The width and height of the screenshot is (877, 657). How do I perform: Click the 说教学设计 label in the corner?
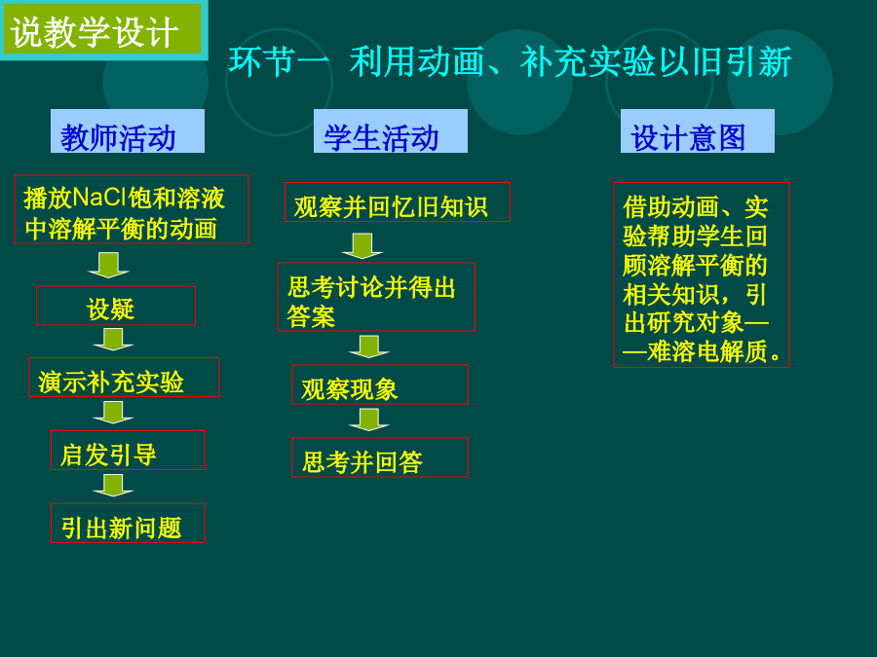click(x=103, y=29)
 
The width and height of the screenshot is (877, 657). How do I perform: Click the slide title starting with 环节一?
click(x=510, y=61)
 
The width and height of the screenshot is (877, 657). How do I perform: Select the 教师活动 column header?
click(x=128, y=131)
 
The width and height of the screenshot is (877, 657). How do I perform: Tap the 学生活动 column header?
click(x=391, y=131)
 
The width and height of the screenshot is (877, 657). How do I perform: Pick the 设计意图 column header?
click(x=698, y=131)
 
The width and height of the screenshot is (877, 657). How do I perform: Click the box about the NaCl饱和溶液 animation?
click(x=132, y=209)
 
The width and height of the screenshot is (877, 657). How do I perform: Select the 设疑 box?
click(x=116, y=306)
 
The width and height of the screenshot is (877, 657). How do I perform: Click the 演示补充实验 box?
click(x=124, y=378)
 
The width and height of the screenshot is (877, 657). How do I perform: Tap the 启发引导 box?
click(x=128, y=451)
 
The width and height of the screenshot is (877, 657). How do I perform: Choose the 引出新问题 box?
click(x=128, y=524)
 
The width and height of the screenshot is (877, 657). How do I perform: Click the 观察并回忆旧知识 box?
click(x=398, y=202)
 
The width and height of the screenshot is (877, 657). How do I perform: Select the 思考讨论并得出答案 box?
click(x=376, y=297)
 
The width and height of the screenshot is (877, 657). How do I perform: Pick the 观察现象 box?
click(x=380, y=384)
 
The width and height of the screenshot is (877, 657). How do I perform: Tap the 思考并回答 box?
click(x=380, y=457)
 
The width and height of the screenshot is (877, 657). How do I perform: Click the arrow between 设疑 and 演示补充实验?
click(x=113, y=340)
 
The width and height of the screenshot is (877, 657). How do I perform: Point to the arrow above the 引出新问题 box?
click(x=113, y=486)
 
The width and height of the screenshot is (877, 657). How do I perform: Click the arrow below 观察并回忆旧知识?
click(x=362, y=246)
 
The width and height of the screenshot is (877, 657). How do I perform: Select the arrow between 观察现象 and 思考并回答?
click(x=368, y=420)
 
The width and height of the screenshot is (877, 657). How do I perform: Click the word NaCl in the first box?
click(x=99, y=198)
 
